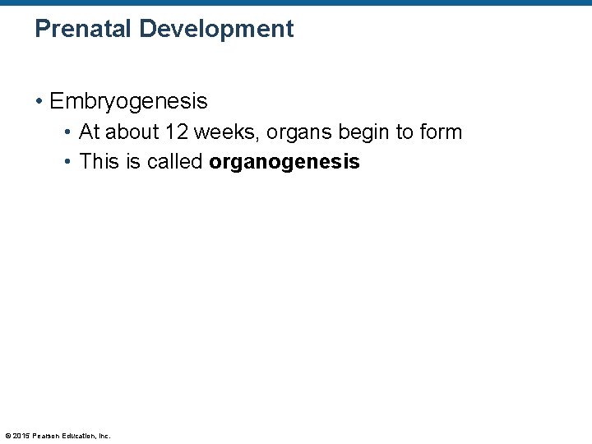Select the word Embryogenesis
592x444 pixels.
pos(128,101)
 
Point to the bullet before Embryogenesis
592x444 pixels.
pos(39,102)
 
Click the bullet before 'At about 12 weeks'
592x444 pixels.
pos(70,132)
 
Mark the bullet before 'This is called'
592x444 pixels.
pos(70,162)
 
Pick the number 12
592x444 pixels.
pos(173,132)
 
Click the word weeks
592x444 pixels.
pos(218,132)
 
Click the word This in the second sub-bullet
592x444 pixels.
pos(99,161)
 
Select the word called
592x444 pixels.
pos(174,161)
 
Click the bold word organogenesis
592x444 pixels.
pos(284,162)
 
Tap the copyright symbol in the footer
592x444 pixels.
pos(7,436)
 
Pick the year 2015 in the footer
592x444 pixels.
pos(21,436)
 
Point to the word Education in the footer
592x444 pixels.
pos(80,436)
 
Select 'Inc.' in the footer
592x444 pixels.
pos(104,436)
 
